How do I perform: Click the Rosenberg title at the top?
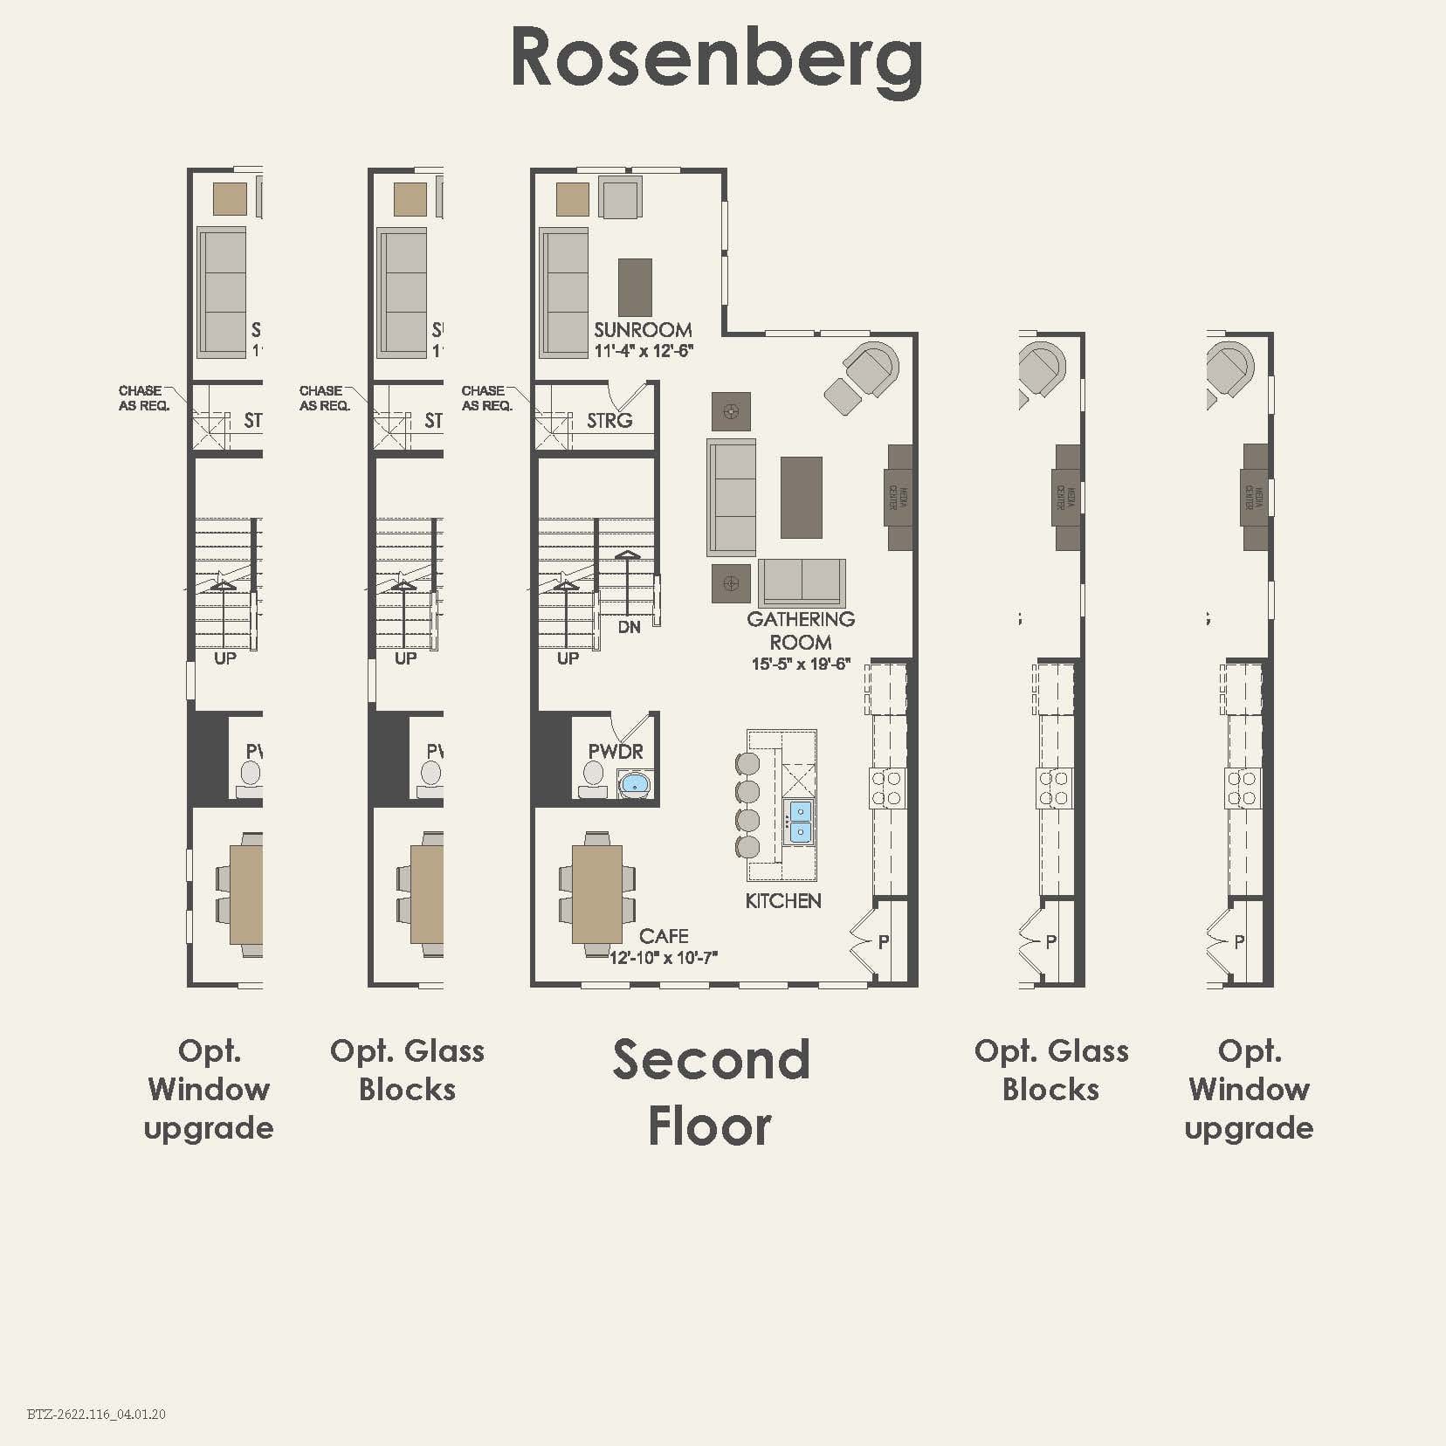[716, 58]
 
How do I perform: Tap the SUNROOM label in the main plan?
[643, 330]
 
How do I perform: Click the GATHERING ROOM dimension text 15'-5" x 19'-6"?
[801, 664]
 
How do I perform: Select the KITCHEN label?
[783, 901]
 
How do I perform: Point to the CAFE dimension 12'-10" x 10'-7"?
[664, 958]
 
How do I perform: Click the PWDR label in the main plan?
[616, 751]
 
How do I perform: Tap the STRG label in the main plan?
[609, 421]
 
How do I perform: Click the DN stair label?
[630, 627]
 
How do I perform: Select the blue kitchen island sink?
[799, 822]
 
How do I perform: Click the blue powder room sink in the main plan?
[635, 783]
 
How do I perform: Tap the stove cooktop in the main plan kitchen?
[887, 788]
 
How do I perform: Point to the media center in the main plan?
[900, 498]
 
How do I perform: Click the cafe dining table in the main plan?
[597, 894]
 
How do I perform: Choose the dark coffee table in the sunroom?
[635, 287]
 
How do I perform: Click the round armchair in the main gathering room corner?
[872, 368]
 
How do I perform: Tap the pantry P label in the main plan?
[884, 941]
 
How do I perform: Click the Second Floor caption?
[711, 1091]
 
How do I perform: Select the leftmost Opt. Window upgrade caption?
[209, 1089]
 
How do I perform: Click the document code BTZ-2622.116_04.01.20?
[96, 1414]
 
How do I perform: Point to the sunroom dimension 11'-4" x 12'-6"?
[644, 351]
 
